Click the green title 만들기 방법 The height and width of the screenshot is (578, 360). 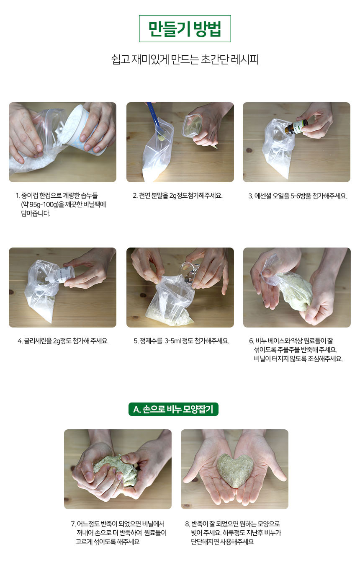point(185,28)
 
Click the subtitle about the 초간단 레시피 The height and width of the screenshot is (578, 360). point(185,59)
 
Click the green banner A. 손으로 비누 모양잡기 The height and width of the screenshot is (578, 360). point(173,409)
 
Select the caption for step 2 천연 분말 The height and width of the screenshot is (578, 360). point(177,196)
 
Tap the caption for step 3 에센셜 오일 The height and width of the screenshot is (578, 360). point(298,196)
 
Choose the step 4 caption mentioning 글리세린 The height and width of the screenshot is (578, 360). point(62,341)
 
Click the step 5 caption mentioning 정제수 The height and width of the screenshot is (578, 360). point(181,341)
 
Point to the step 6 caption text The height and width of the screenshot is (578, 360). point(296,350)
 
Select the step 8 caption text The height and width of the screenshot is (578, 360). point(233,532)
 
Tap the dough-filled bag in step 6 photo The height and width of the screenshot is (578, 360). point(293,289)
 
